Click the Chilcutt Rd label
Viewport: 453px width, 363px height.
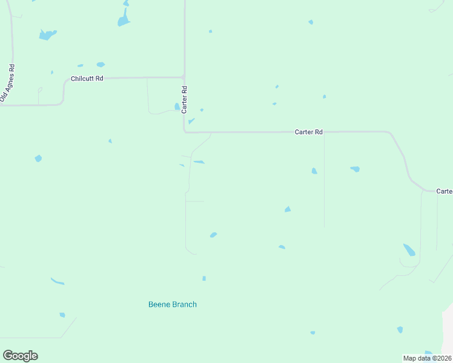tap(87, 79)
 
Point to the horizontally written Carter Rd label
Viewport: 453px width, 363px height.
tap(309, 131)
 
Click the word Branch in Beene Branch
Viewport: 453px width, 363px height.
tap(184, 304)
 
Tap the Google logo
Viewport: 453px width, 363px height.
tap(20, 356)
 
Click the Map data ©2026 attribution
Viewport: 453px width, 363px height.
tap(428, 358)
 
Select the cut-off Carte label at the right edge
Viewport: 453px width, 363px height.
tap(445, 191)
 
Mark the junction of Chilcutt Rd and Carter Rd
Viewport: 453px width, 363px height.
tap(184, 77)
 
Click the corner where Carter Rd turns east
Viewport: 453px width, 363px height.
tap(185, 131)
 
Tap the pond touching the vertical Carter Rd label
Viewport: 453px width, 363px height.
tap(177, 106)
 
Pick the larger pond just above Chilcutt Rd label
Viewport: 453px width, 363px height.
tap(101, 64)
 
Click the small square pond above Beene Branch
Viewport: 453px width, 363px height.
tap(204, 278)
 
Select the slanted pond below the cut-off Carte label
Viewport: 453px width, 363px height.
tap(409, 249)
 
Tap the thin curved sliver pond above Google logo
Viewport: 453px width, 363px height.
tap(58, 281)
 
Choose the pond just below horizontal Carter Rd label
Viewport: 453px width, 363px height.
tap(314, 171)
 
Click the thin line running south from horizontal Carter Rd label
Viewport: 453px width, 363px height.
tap(324, 181)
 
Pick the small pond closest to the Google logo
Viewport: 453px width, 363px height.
tap(62, 315)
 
